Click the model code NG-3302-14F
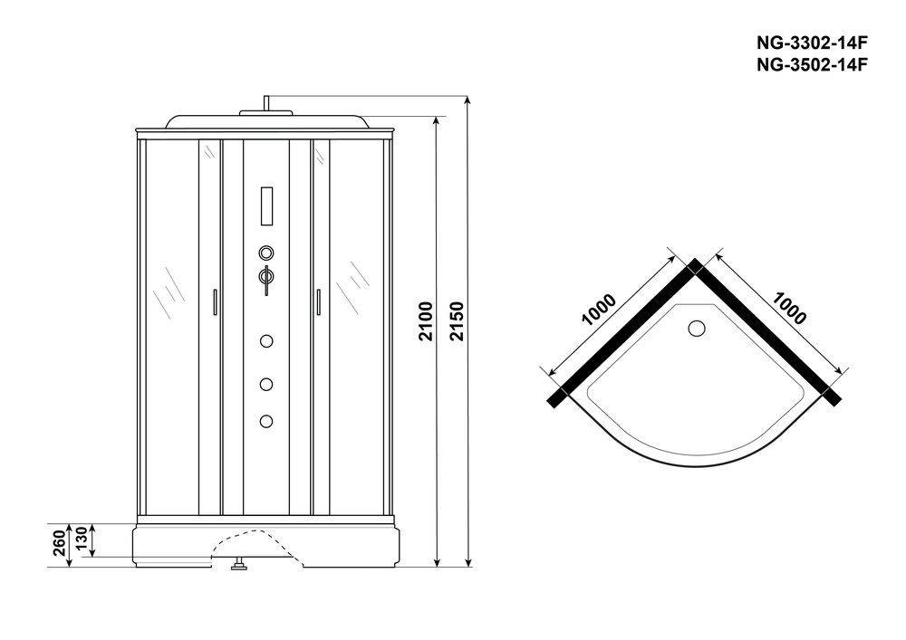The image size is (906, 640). coord(812,43)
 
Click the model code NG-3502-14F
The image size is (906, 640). coord(812,65)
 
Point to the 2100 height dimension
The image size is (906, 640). coord(426,320)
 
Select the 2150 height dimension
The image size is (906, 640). coord(457,320)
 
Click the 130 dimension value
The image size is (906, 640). coord(81,539)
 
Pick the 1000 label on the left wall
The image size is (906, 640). coord(599,310)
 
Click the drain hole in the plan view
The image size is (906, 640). coord(697,329)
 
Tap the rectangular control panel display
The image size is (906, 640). coord(267,206)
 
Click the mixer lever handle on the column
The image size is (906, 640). coord(266,279)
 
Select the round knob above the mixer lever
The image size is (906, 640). coord(266,253)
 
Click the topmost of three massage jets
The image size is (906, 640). coord(266,341)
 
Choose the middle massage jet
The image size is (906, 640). coord(266,385)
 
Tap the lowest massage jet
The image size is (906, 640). coord(266,421)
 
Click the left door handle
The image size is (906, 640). coord(215,301)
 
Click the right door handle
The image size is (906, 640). coord(318,301)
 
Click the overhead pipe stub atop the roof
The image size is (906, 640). coord(266,103)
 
